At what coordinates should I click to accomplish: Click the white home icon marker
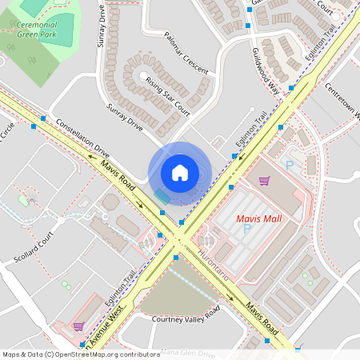(180, 172)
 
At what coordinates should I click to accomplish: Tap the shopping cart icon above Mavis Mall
(264, 181)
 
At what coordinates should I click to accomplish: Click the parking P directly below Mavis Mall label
(247, 229)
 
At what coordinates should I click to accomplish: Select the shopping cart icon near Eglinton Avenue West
(78, 326)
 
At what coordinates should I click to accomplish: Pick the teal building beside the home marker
(162, 195)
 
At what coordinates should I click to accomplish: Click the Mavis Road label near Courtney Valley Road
(262, 318)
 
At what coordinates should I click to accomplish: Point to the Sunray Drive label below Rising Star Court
(123, 117)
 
